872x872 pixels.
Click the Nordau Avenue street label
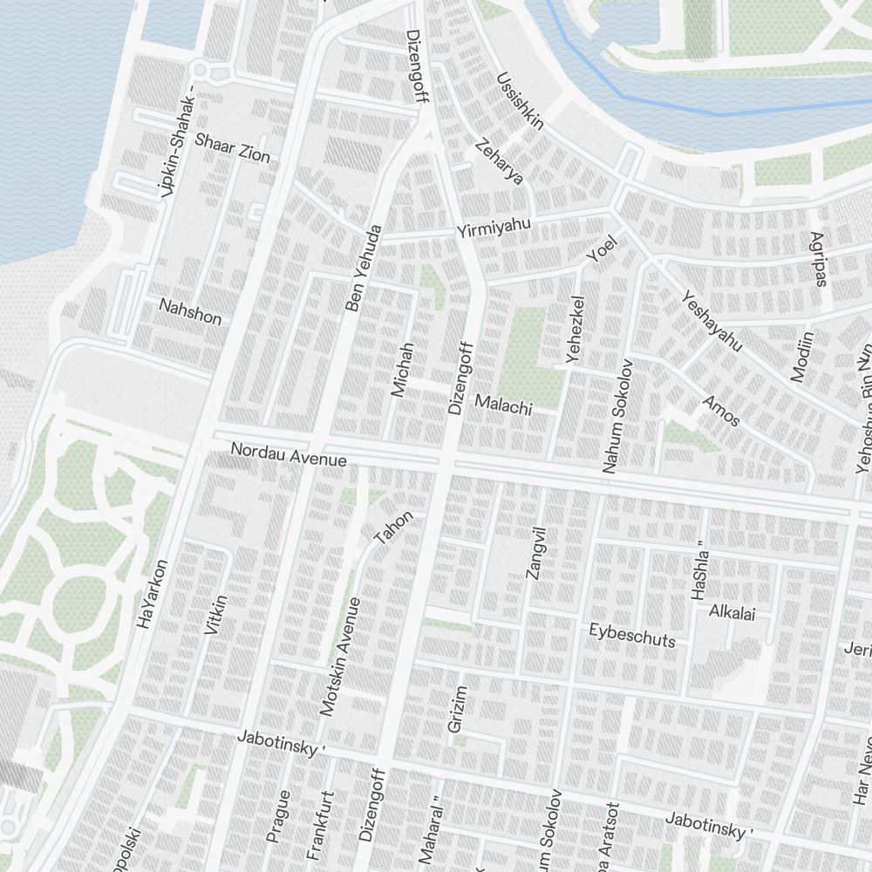[x=288, y=454]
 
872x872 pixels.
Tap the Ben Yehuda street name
[x=364, y=269]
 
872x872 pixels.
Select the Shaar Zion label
[x=232, y=147]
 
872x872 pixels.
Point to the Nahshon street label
[x=190, y=310]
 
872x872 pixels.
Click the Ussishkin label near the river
[x=521, y=101]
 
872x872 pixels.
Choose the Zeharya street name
[x=500, y=161]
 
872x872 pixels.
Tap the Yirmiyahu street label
[x=494, y=228]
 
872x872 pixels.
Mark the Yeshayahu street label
[x=711, y=321]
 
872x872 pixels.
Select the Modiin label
[x=801, y=356]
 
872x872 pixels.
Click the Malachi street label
[x=503, y=404]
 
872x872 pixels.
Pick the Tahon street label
[x=393, y=528]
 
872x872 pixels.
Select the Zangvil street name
[x=535, y=553]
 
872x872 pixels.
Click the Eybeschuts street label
[x=632, y=635]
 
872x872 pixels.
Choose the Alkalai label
[x=732, y=611]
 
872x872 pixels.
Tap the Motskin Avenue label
[x=340, y=657]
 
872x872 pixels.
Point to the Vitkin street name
[x=216, y=615]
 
